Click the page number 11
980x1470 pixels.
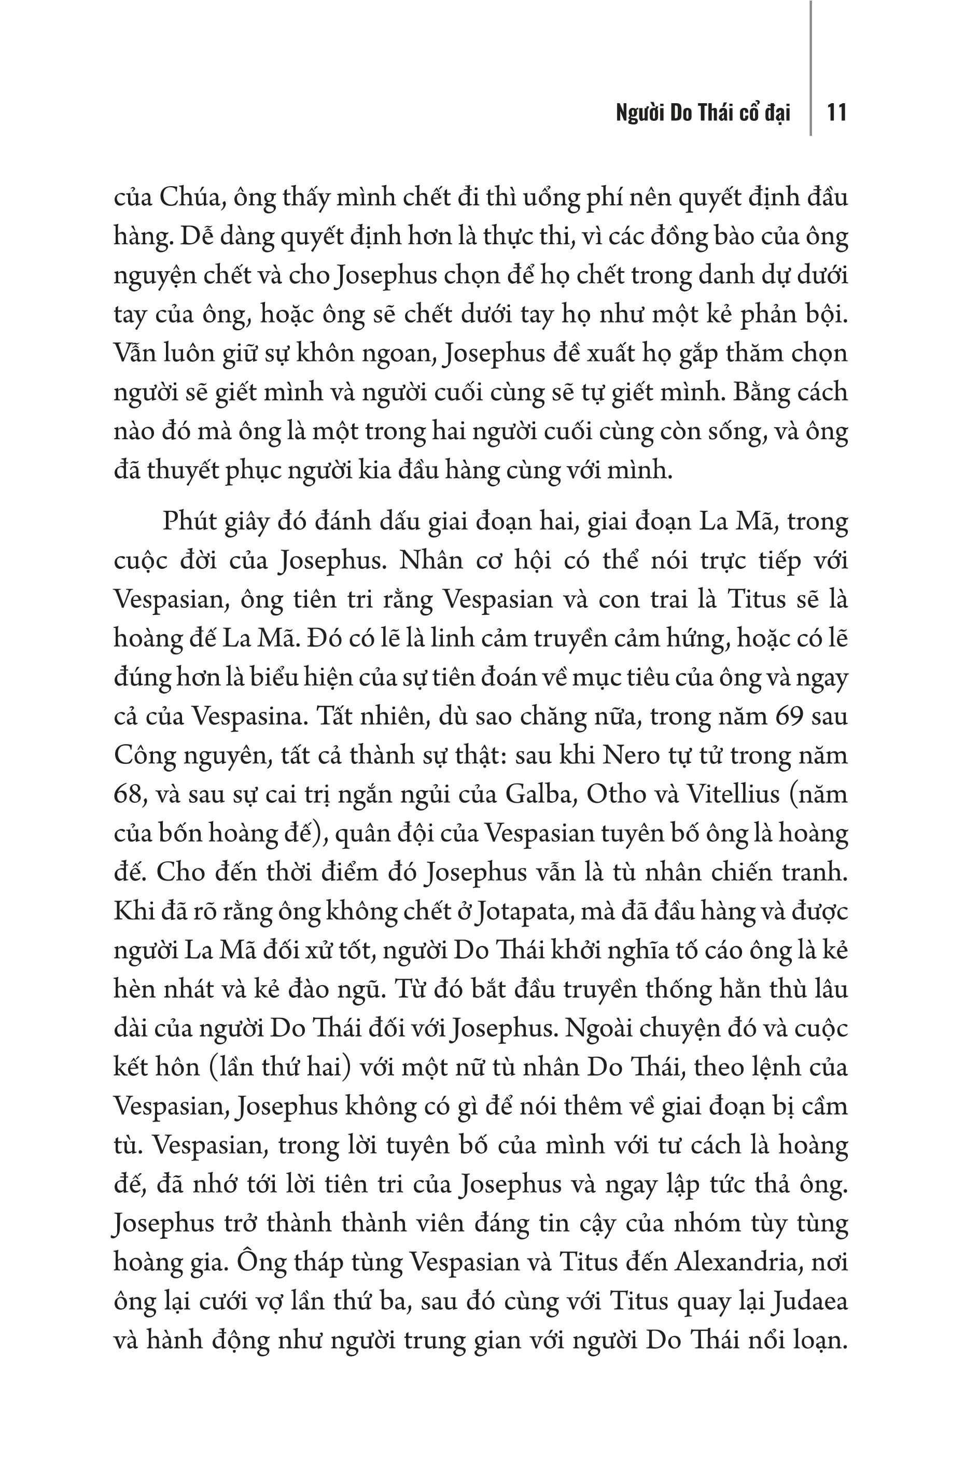pos(836,113)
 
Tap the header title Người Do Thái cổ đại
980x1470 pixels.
pos(703,113)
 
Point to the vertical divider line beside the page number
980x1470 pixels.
pos(810,69)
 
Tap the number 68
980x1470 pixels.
pos(130,794)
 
